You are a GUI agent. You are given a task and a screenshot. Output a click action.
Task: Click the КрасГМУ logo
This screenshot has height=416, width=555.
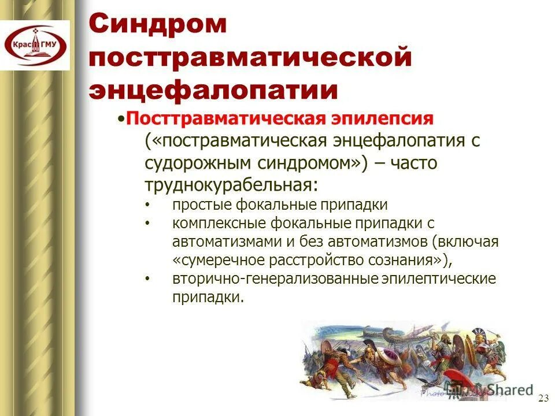[35, 45]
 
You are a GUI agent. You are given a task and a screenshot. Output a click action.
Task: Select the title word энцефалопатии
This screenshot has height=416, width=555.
[213, 90]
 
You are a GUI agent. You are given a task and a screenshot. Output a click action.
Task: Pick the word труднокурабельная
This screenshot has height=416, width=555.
[231, 185]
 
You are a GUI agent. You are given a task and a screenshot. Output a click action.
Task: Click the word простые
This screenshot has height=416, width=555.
[200, 205]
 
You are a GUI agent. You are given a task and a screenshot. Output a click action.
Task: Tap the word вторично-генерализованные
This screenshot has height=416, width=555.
[275, 278]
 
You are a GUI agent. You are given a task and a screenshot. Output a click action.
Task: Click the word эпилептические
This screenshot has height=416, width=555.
[439, 278]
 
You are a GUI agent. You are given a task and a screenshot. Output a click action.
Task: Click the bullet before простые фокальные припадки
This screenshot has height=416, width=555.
[147, 205]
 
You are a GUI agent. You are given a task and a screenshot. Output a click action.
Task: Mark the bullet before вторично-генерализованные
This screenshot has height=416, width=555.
[147, 279]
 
